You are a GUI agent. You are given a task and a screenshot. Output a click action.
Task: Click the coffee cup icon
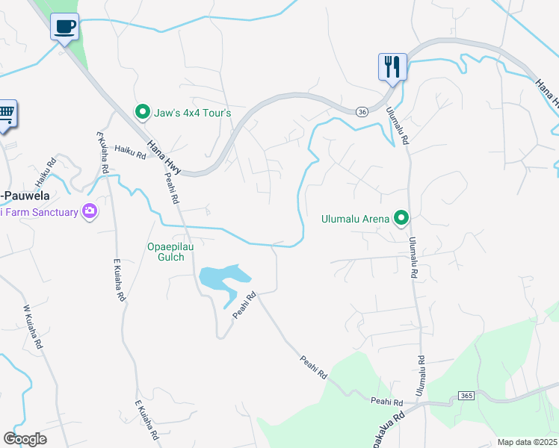pos(65,26)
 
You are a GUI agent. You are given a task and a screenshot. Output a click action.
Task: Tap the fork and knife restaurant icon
pos(392,66)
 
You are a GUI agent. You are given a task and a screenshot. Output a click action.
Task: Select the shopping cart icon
pos(6,114)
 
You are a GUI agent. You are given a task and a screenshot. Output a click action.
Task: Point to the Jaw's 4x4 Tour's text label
pos(192,113)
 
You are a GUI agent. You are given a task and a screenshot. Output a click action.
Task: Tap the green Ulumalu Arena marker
pos(401,218)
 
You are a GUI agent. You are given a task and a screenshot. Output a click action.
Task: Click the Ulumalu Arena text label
pos(355,219)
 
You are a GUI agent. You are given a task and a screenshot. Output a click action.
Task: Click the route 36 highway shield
pos(362,111)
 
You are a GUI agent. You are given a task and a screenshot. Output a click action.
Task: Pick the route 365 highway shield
pos(466,394)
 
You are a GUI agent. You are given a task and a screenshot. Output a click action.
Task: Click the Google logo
pos(25,439)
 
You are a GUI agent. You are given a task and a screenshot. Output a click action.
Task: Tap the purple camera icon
pos(90,212)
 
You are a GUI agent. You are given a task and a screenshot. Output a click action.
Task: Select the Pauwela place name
pos(25,196)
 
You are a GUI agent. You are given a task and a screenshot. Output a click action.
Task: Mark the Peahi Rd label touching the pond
pos(244,305)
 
